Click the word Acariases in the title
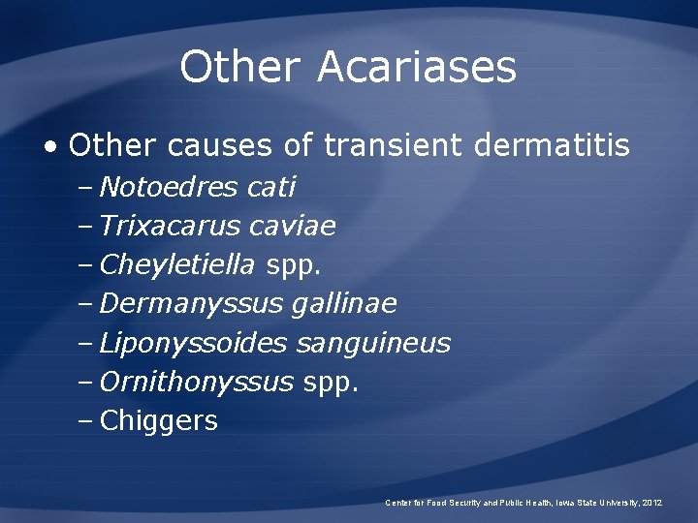pyautogui.click(x=417, y=68)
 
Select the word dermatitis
pyautogui.click(x=552, y=146)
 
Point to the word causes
pyautogui.click(x=220, y=146)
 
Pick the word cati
pyautogui.click(x=271, y=186)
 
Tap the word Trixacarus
pyautogui.click(x=170, y=226)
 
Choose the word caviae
pyautogui.click(x=292, y=226)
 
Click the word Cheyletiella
pyautogui.click(x=177, y=264)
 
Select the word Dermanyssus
pyautogui.click(x=191, y=304)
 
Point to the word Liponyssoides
pyautogui.click(x=194, y=343)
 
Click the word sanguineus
pyautogui.click(x=373, y=343)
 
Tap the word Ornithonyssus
pyautogui.click(x=196, y=383)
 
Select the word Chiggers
pyautogui.click(x=159, y=421)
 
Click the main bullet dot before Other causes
pyautogui.click(x=50, y=147)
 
